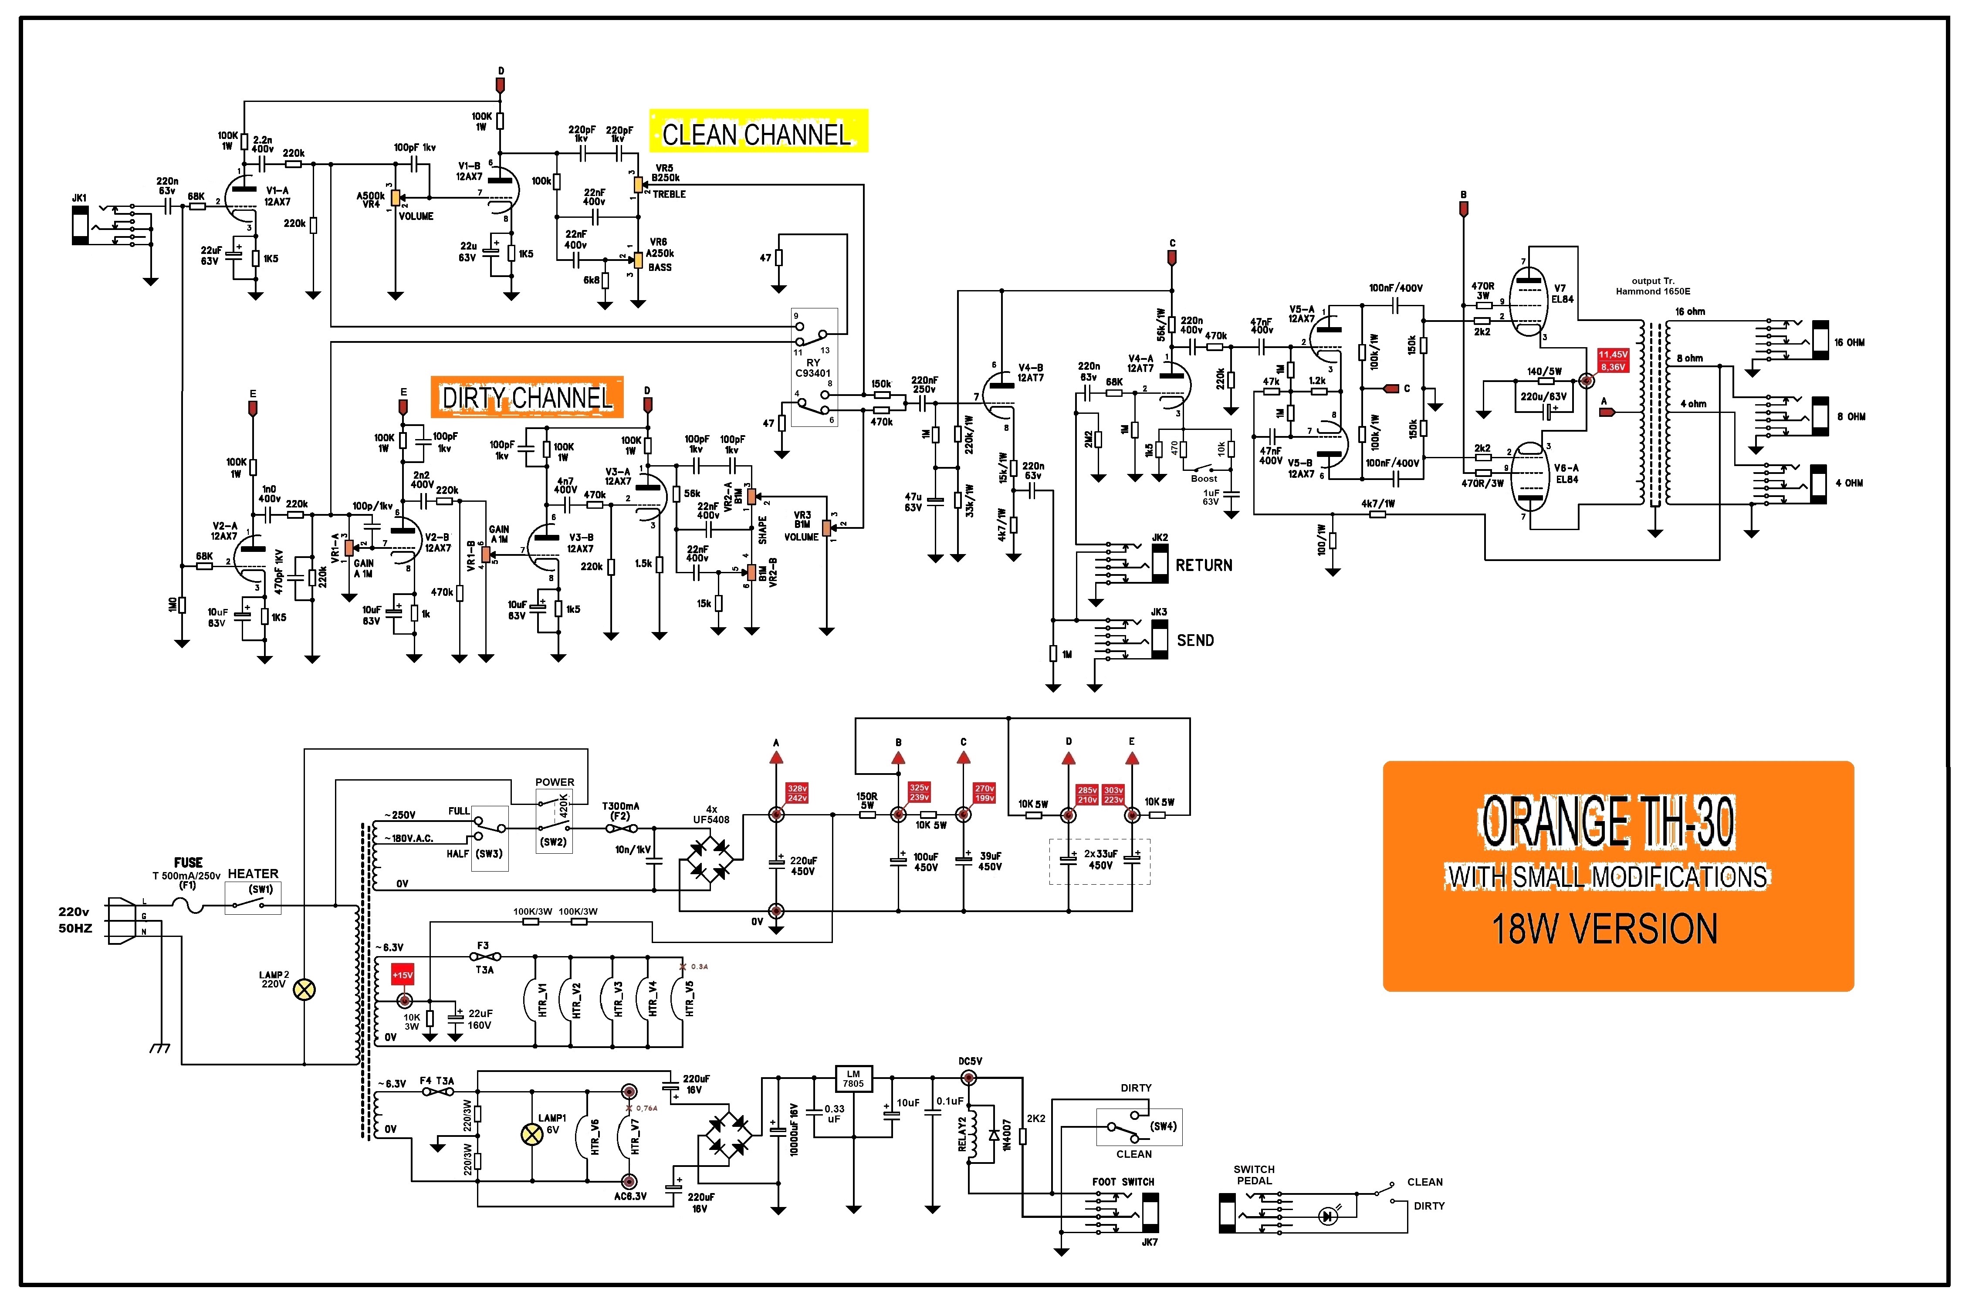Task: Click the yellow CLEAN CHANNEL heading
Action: tap(757, 133)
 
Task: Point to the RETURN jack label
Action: tap(1203, 565)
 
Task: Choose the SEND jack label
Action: tap(1195, 640)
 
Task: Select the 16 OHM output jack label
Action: tap(1849, 342)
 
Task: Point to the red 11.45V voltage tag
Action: tap(1613, 355)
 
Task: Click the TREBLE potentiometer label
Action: tap(669, 194)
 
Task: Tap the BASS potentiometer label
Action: tap(660, 267)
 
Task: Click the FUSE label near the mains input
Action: tap(188, 862)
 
